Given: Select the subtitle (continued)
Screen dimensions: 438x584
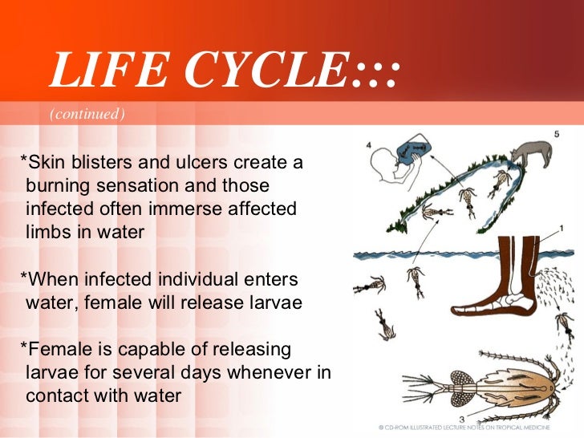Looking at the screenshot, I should [87, 115].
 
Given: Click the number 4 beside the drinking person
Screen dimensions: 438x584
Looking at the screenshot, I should [368, 146].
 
